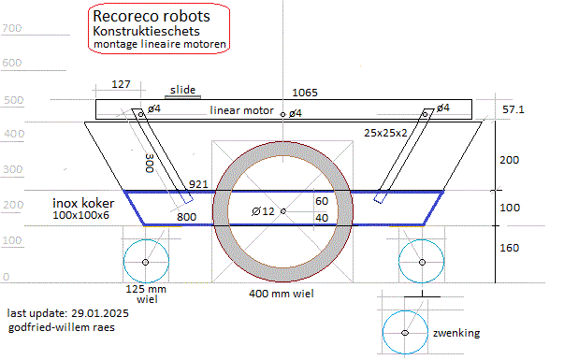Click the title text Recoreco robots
[x=152, y=16]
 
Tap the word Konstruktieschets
[x=146, y=31]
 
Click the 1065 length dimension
[x=305, y=93]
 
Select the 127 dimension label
[x=121, y=84]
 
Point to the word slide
[x=182, y=90]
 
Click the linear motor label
[x=241, y=110]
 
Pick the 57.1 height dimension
[x=513, y=109]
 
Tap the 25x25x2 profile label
[x=385, y=133]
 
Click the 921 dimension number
[x=198, y=184]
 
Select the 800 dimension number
[x=186, y=217]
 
